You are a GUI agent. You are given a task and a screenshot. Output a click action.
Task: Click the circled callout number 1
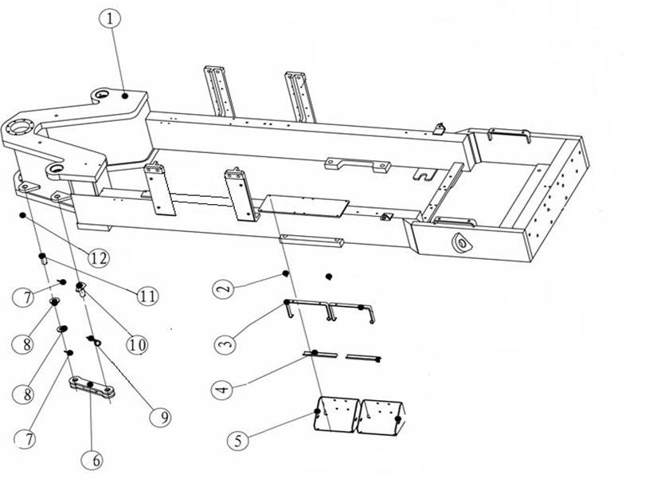tap(110, 19)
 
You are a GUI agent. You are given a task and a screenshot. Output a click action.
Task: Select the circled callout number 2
tap(223, 289)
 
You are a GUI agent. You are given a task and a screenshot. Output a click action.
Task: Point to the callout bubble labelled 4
tap(222, 390)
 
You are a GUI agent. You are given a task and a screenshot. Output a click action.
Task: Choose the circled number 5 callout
tap(237, 440)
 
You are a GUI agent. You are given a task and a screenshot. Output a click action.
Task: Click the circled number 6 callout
tap(97, 460)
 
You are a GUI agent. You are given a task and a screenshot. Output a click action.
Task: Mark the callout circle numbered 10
tap(137, 344)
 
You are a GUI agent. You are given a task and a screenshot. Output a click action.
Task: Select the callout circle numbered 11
tap(147, 296)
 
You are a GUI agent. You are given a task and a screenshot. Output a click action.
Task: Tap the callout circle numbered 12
tap(99, 258)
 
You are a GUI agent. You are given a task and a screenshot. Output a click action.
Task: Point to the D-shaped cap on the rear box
tap(461, 243)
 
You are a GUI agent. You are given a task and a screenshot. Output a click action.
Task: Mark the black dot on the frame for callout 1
tap(125, 96)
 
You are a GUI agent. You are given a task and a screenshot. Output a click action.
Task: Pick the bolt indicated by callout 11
tap(43, 259)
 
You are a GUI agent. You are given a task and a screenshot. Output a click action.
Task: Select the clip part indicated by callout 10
tap(80, 289)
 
